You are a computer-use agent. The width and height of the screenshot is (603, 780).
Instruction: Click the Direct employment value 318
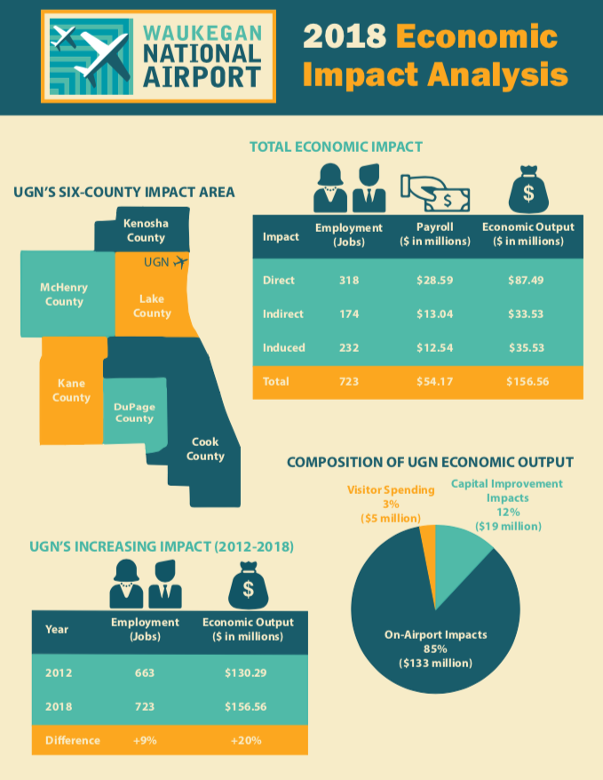coord(349,280)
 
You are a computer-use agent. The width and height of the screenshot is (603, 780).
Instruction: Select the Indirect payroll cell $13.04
coord(435,314)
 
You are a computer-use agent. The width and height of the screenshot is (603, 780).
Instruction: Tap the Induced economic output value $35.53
coord(527,347)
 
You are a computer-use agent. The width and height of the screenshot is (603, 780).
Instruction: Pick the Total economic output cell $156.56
coord(528,381)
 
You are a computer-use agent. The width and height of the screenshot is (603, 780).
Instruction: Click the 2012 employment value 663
coord(145,673)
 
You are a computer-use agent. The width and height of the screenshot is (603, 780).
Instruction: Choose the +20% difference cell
coord(246,741)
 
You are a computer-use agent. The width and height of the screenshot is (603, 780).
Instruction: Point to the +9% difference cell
coord(145,741)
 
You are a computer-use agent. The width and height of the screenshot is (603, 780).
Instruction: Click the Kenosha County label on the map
coord(146,230)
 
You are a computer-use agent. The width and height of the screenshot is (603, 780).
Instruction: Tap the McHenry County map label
coord(64,294)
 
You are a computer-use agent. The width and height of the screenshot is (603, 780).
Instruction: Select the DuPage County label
coord(134,413)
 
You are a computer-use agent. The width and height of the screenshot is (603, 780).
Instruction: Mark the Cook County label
coord(205,449)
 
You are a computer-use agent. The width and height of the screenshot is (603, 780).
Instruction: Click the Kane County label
coord(72,391)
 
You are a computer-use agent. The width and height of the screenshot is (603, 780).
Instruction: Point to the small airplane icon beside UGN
coord(181,262)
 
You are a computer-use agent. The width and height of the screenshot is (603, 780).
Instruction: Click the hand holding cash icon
coord(435,193)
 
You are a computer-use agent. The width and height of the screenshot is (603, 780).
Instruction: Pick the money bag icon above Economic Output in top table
coord(528,189)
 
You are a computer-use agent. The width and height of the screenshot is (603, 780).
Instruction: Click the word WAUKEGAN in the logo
coord(202,34)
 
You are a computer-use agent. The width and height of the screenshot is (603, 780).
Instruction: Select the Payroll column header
coord(435,234)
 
